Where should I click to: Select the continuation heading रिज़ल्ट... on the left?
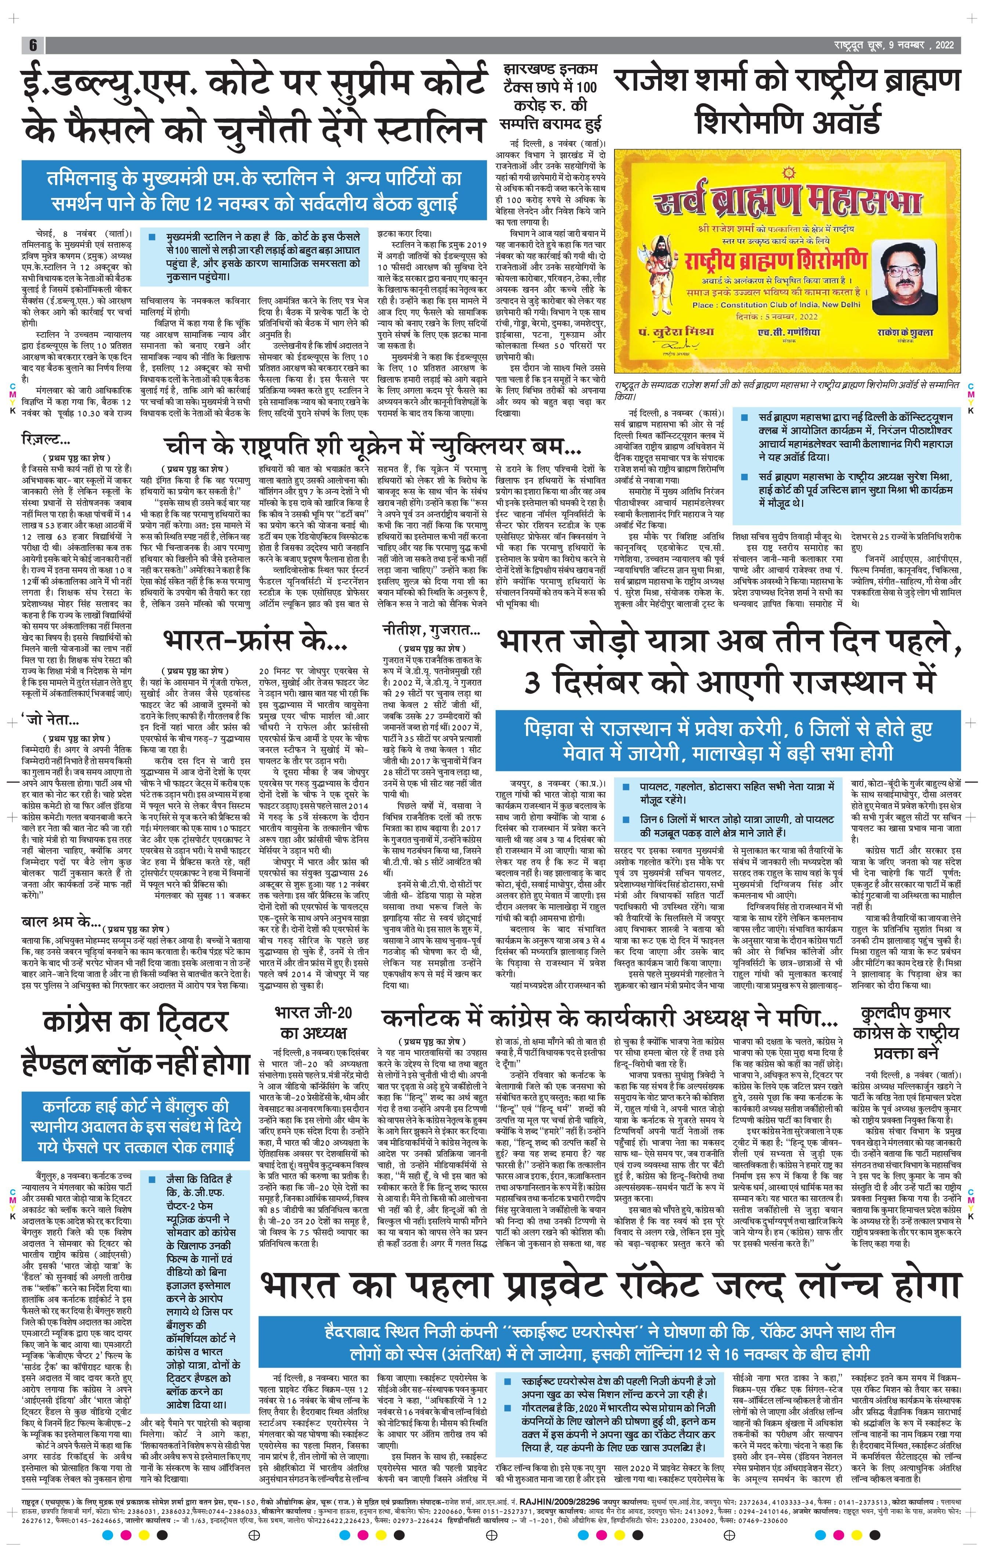(x=46, y=440)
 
